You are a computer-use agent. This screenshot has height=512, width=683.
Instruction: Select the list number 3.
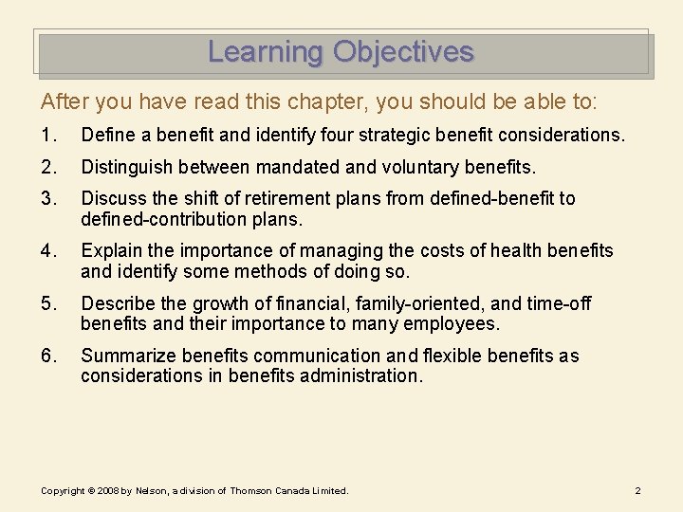[47, 199]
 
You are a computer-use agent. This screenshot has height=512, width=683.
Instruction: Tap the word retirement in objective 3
[260, 199]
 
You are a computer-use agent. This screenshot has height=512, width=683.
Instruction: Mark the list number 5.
[47, 304]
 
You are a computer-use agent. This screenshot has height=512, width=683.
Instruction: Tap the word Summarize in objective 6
[128, 357]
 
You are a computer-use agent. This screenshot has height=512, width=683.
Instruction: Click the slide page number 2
[637, 490]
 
